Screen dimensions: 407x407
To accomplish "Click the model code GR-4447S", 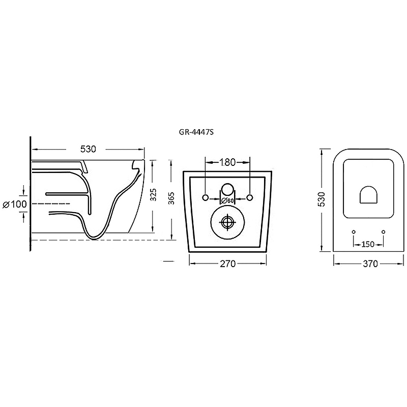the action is coord(196,132).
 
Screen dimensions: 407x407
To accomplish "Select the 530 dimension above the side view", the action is coord(88,149).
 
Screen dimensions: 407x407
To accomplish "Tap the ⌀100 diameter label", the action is coord(15,205).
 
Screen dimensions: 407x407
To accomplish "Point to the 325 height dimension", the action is coord(154,195).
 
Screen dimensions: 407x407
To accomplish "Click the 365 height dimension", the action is coord(171,198).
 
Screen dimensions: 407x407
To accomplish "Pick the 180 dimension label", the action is coord(227,162).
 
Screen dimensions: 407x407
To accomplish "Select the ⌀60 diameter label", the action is coord(227,200).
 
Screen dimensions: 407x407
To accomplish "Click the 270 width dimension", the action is coord(227,264).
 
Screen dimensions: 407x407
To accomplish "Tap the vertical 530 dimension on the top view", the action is coord(322,199).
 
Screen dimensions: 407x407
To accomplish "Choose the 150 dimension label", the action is coord(368,244).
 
